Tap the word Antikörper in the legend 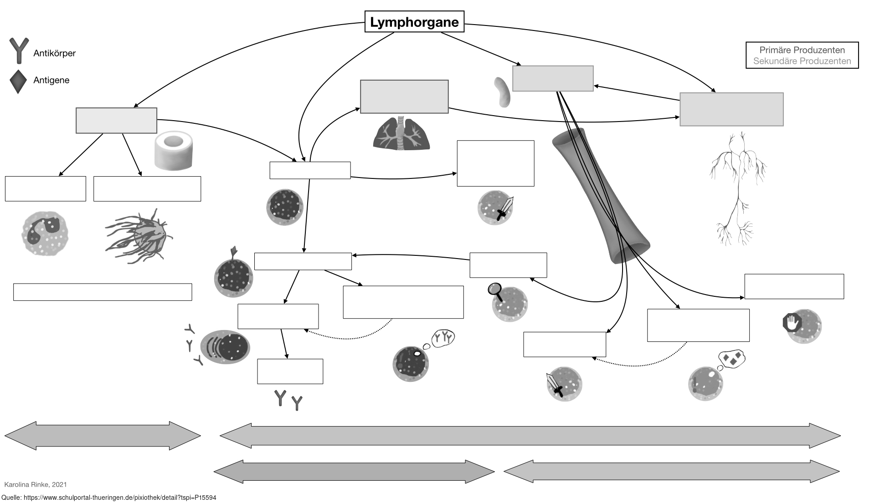54,53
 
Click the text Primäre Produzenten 802,50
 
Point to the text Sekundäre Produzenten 802,61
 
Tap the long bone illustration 601,196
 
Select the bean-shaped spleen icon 502,92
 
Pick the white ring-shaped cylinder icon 174,151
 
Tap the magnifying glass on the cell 495,290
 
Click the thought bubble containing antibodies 443,338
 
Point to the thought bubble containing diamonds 732,359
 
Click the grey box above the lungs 404,97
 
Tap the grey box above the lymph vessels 731,109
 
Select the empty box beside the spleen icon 553,78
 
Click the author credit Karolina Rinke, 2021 36,484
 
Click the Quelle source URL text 109,498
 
